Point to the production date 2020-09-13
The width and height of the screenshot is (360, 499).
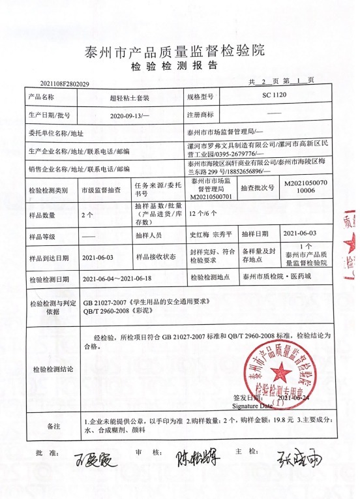(130, 113)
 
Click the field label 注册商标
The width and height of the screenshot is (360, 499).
(202, 113)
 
